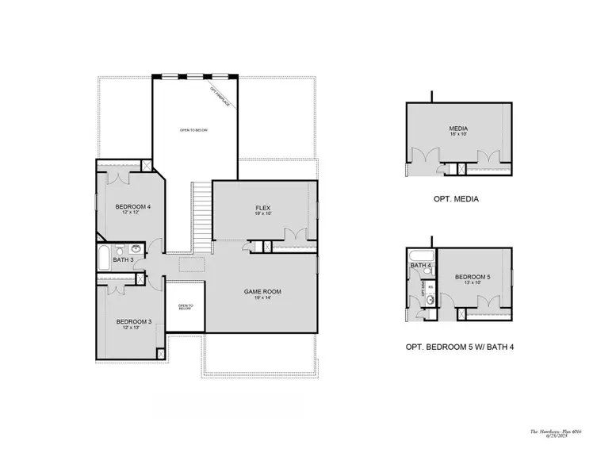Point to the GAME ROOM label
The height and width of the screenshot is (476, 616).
pyautogui.click(x=262, y=292)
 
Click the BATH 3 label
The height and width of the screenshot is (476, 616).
pyautogui.click(x=122, y=259)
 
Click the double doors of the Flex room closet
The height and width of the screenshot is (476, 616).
pyautogui.click(x=296, y=235)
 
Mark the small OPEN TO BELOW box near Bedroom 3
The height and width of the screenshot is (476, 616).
pyautogui.click(x=186, y=307)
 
